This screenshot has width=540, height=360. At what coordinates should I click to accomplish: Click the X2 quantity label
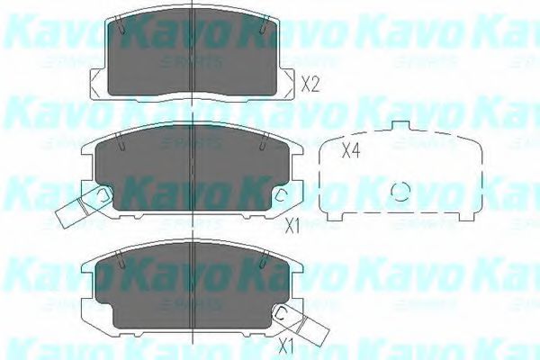pos(310,86)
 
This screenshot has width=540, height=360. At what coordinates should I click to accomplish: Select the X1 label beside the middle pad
pos(292,225)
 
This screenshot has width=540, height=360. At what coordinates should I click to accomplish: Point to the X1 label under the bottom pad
pos(286,345)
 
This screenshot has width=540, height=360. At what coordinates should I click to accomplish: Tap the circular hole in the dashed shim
pos(402,192)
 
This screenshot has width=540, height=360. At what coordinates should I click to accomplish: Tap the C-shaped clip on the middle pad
pos(281,195)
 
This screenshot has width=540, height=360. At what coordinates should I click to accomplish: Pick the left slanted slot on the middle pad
pos(120,141)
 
